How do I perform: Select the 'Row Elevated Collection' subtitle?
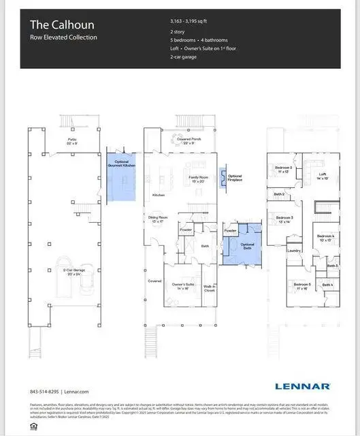pyautogui.click(x=63, y=37)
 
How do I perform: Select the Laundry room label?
pyautogui.click(x=294, y=250)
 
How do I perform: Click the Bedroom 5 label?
pyautogui.click(x=301, y=285)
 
